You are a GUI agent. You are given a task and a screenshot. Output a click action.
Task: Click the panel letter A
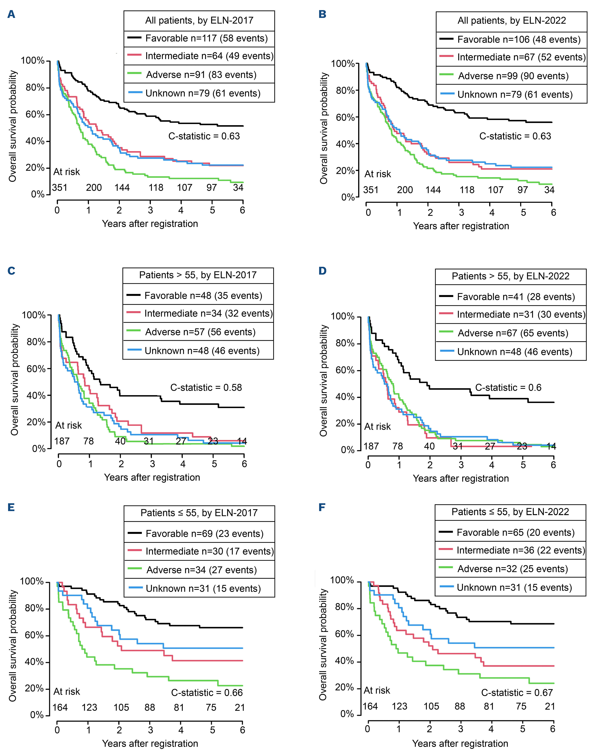(x=11, y=15)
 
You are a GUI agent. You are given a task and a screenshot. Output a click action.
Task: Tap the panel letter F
(x=322, y=508)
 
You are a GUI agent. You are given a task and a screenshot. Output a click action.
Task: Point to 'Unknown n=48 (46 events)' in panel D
(x=515, y=352)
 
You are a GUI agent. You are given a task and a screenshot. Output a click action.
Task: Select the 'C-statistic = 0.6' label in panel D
(x=508, y=387)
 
